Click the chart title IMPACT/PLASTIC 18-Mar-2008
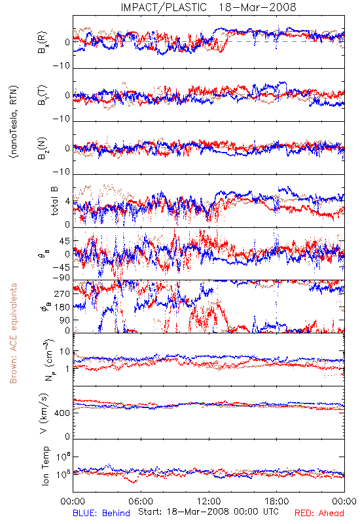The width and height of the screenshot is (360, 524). coord(208,7)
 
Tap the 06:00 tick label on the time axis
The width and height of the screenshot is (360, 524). coord(141,501)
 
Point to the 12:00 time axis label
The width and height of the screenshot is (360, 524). coord(209,501)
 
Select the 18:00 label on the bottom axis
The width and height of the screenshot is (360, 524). coord(276,501)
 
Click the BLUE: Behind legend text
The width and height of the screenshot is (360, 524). coord(101,513)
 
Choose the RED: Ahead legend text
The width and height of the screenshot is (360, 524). coord(319,513)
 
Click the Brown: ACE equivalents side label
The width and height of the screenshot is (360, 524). coord(13,333)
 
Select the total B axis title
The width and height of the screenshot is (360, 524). coord(54,201)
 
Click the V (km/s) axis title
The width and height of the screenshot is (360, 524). coord(44,413)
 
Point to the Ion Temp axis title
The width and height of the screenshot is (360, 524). coord(45,466)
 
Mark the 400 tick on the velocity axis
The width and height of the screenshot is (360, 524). coord(62,413)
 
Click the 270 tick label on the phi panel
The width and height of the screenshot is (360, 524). coord(62,293)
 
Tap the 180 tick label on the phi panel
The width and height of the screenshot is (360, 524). coord(62,307)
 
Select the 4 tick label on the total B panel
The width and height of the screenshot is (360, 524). coord(68,202)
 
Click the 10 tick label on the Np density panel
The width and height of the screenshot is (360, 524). coord(65,352)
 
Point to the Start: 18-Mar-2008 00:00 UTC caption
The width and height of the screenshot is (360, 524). coord(208,512)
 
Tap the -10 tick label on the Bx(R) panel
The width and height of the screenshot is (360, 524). coord(62,66)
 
